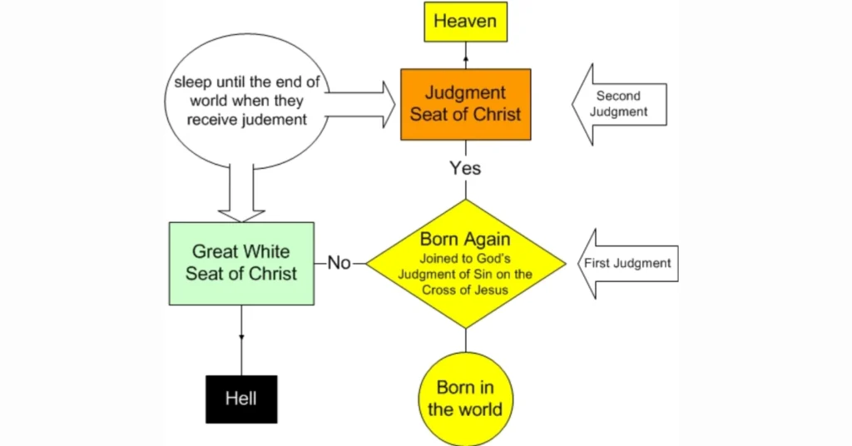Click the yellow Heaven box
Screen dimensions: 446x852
coord(465,22)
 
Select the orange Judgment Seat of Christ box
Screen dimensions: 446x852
coord(465,104)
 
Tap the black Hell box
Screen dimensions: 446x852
coord(241,399)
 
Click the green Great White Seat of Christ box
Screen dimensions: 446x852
coord(241,262)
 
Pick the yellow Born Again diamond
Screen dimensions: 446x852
coord(465,264)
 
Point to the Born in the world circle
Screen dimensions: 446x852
coord(465,399)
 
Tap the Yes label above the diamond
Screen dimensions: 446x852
coord(465,168)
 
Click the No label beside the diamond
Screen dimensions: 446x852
coord(339,263)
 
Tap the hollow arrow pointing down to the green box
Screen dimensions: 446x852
coord(241,196)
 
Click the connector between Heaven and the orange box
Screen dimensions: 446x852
coord(465,56)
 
